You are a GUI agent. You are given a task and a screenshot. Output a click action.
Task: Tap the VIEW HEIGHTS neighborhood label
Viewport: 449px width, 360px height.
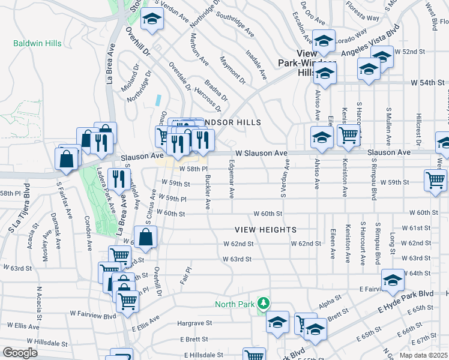[x=265, y=230]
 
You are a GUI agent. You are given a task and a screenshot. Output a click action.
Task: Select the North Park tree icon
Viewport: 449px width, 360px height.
[x=262, y=304]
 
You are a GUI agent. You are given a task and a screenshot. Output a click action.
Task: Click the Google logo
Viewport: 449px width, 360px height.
[x=20, y=353]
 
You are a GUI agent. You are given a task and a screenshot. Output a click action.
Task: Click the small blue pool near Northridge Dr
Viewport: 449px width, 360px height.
[x=158, y=100]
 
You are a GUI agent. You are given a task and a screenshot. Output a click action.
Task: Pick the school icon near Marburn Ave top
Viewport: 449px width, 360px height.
[x=152, y=18]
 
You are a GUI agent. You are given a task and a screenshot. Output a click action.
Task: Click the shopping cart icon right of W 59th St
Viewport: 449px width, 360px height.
[x=435, y=180]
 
